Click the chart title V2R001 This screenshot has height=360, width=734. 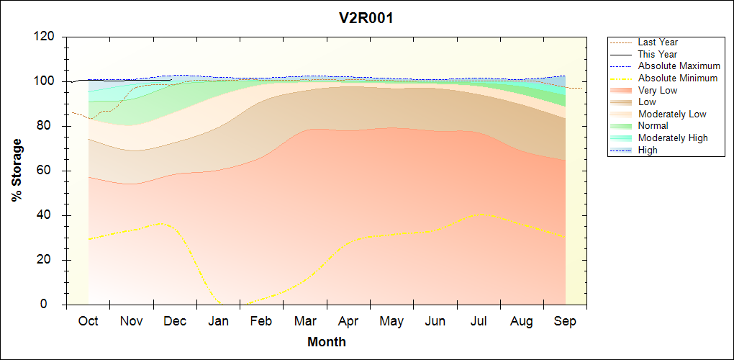point(366,18)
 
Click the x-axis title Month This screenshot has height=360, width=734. point(327,342)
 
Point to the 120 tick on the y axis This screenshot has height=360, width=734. point(45,37)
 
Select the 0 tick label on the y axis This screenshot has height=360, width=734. point(53,305)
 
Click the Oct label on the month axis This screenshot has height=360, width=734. point(88,321)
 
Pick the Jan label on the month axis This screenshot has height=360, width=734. point(218,321)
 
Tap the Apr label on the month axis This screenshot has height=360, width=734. point(348,321)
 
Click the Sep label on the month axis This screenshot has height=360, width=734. point(565,321)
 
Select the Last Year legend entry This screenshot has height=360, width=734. point(658,42)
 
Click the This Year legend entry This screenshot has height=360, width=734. point(658,54)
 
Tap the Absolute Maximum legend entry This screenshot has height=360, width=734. point(679,66)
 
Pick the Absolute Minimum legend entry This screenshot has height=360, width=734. point(678,78)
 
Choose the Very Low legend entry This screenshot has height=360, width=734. point(658,90)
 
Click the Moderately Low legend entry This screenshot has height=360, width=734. point(672,114)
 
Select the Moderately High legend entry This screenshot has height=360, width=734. point(673,138)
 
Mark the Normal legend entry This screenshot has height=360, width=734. point(653,126)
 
